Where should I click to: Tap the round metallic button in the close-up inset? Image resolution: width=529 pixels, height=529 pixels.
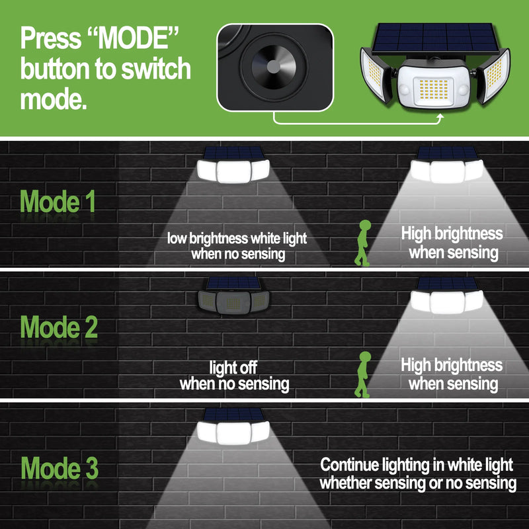[x=274, y=67]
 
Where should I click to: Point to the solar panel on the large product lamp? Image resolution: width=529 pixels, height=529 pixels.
[x=436, y=38]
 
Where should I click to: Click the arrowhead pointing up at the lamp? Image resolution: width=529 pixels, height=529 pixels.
[x=440, y=116]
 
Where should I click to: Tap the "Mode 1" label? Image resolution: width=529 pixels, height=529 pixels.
[x=58, y=202]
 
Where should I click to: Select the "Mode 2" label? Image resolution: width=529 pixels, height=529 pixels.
[x=59, y=327]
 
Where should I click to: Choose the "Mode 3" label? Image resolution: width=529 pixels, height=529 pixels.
[x=60, y=468]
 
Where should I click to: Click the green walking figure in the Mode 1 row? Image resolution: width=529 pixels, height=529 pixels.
[x=363, y=243]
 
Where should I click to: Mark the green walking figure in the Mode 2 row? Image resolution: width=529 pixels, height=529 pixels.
[x=363, y=374]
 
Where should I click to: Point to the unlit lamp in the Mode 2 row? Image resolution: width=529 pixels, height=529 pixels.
[x=233, y=296]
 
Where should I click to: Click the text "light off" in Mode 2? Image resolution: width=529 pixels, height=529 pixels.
[x=233, y=367]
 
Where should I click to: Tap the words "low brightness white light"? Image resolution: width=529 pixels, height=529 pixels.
[x=237, y=238]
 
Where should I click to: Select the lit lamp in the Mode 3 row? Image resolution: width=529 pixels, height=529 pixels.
[x=233, y=426]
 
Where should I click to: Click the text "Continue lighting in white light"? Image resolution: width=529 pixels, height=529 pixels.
[x=417, y=465]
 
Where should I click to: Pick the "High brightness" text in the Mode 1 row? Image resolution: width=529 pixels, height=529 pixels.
[x=452, y=233]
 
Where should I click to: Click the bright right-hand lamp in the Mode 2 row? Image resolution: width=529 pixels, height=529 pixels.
[x=447, y=296]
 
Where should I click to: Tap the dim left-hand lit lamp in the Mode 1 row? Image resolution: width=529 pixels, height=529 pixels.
[x=233, y=165]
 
